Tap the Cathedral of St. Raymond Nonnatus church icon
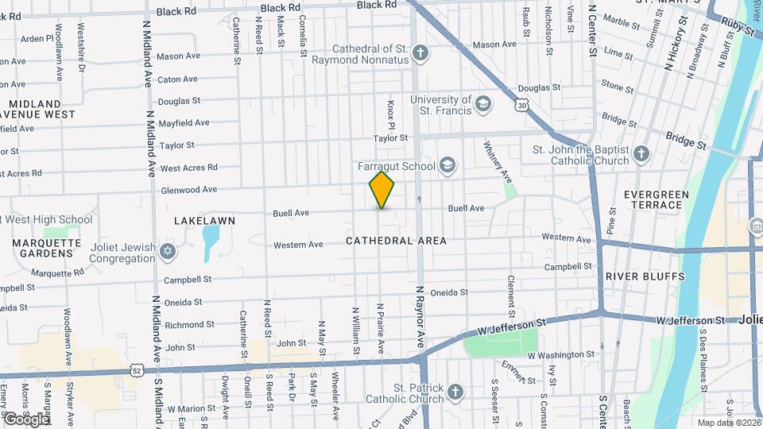click(421, 54)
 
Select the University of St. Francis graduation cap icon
click(482, 104)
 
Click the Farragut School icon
click(447, 165)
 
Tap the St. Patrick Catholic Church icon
click(455, 392)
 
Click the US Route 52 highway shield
click(138, 370)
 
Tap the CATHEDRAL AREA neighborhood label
click(396, 241)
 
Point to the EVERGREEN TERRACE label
click(653, 199)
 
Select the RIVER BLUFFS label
click(645, 276)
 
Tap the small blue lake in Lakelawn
click(210, 242)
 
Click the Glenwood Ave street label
click(188, 190)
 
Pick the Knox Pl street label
click(391, 115)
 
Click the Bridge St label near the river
click(686, 141)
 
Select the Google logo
click(25, 419)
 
